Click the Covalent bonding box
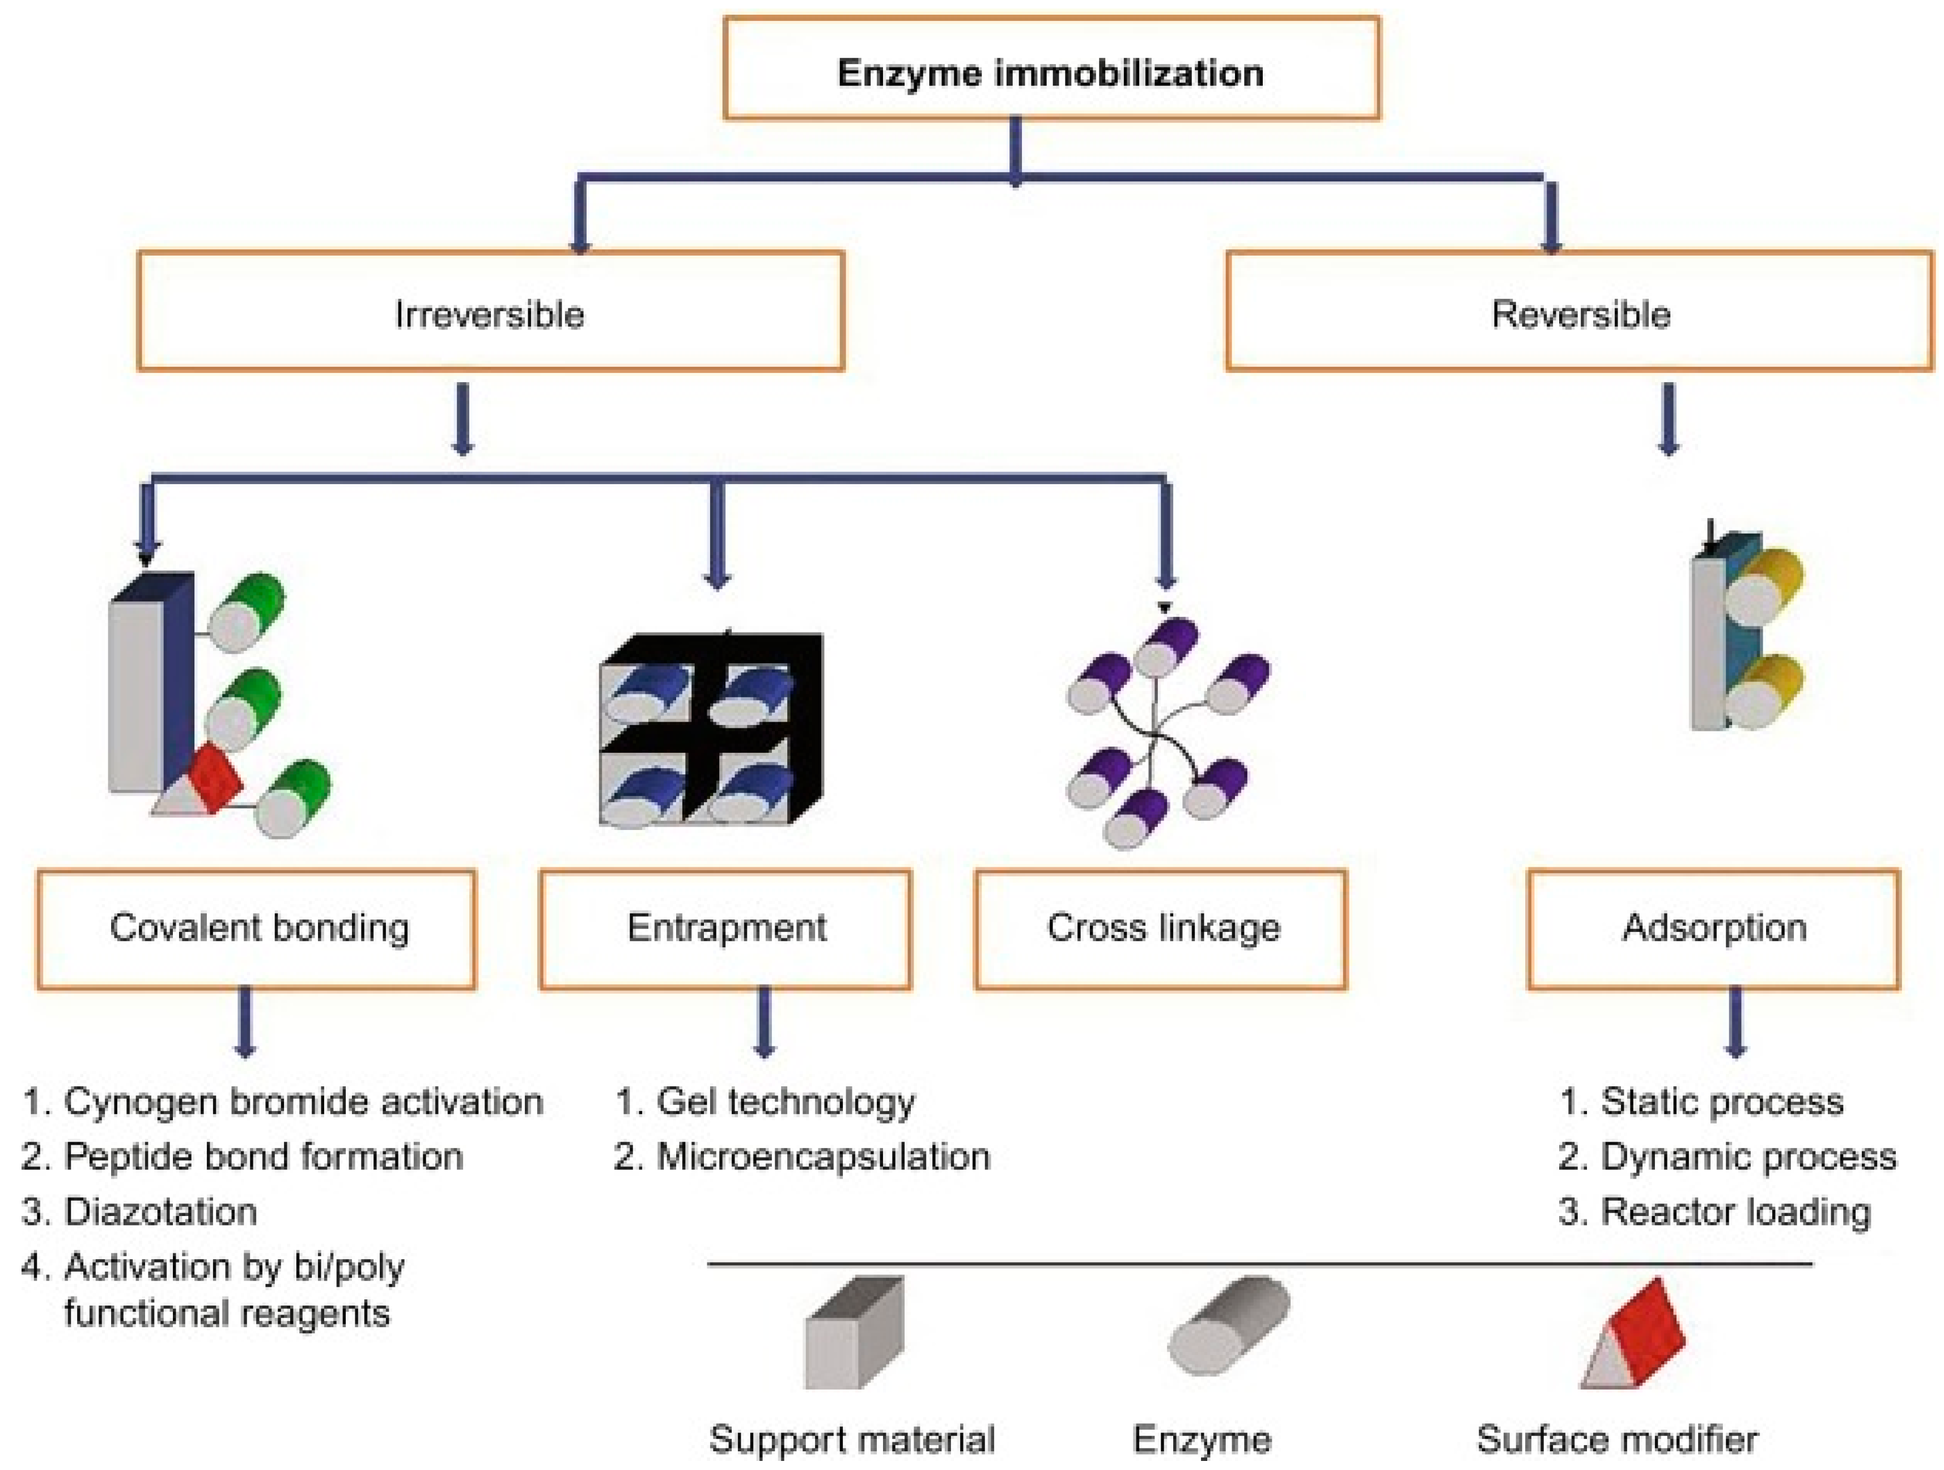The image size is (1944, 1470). point(257,929)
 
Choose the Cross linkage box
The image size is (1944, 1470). point(1160,929)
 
